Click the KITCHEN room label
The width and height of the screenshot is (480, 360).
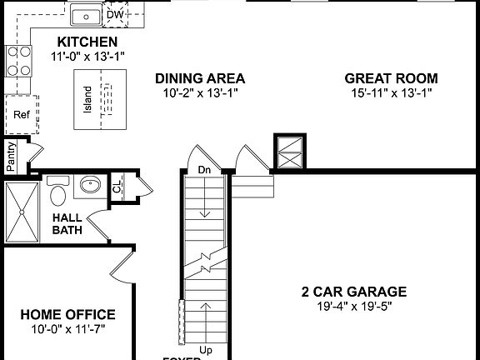87,42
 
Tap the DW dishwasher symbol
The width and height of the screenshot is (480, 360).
116,14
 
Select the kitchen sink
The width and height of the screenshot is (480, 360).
85,15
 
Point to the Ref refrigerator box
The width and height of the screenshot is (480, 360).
21,115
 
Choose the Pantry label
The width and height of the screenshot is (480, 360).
11,157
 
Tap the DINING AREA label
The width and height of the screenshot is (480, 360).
200,78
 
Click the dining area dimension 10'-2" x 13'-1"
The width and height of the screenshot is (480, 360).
200,93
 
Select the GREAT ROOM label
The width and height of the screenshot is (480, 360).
391,78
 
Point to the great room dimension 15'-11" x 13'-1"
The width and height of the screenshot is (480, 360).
391,93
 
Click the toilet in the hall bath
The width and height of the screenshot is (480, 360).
58,193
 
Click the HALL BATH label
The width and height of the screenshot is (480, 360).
67,223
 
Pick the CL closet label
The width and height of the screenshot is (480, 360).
117,187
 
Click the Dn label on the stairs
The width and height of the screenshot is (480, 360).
204,170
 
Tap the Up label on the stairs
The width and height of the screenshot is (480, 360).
207,349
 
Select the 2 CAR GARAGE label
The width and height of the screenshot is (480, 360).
353,292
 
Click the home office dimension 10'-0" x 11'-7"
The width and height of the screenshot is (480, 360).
67,328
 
